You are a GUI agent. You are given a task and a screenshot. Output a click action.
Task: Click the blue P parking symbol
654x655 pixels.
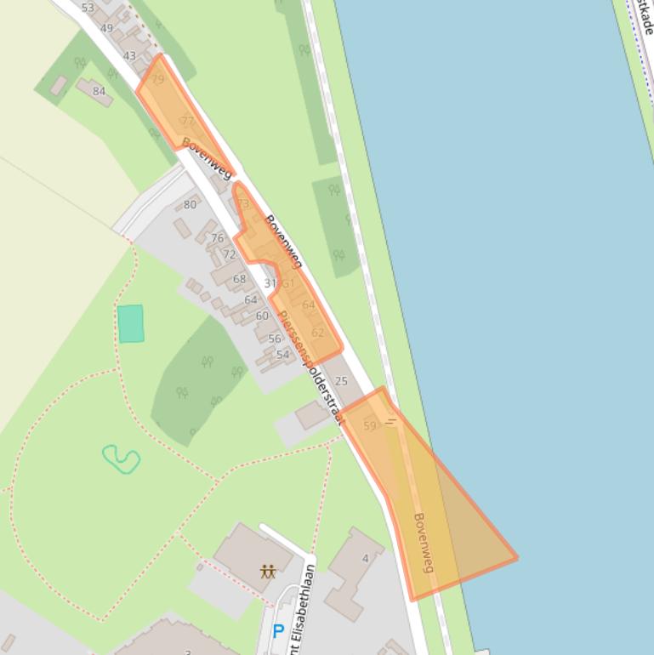(277, 632)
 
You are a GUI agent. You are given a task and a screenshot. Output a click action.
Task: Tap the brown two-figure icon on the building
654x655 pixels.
(268, 571)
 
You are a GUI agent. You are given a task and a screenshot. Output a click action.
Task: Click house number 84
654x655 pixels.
(100, 92)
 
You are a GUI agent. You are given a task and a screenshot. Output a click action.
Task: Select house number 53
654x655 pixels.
(88, 8)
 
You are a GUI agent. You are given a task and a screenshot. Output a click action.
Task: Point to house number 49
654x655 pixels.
(106, 28)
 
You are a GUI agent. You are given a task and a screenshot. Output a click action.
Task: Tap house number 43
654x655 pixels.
(129, 56)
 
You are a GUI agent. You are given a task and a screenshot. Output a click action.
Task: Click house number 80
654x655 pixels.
(190, 204)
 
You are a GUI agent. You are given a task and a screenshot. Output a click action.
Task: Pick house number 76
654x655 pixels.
(218, 238)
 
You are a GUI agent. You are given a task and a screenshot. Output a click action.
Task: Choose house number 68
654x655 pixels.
(239, 279)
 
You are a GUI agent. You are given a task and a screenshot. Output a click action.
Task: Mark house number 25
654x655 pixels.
(342, 381)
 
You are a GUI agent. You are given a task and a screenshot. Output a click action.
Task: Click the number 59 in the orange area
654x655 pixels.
(370, 425)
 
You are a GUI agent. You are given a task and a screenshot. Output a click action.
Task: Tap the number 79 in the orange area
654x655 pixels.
(157, 80)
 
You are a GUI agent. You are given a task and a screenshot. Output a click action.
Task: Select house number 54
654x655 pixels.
(282, 355)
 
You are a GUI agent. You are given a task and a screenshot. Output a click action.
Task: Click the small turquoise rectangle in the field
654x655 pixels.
(130, 323)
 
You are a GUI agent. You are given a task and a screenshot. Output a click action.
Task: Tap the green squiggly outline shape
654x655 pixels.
(122, 459)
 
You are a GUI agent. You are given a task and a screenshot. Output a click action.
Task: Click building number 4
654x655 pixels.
(366, 558)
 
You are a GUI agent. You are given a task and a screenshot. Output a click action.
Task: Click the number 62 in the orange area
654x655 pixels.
(317, 333)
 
